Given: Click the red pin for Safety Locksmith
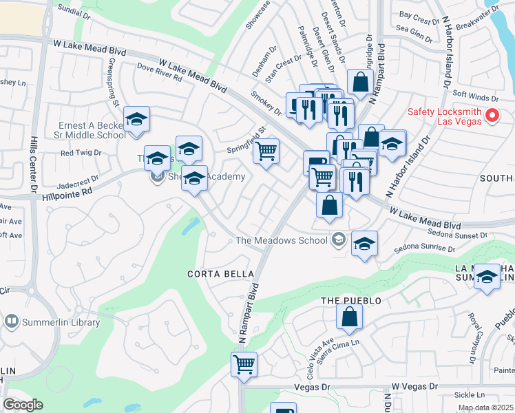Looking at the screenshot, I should (492, 116).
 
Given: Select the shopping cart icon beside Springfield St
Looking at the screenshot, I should (266, 150).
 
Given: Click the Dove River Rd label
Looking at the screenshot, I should (158, 73).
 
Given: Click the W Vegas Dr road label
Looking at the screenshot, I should (414, 388).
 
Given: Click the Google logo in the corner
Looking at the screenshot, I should (23, 404).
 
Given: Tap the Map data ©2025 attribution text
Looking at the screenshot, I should (485, 407).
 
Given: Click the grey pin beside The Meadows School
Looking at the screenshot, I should (337, 240).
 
